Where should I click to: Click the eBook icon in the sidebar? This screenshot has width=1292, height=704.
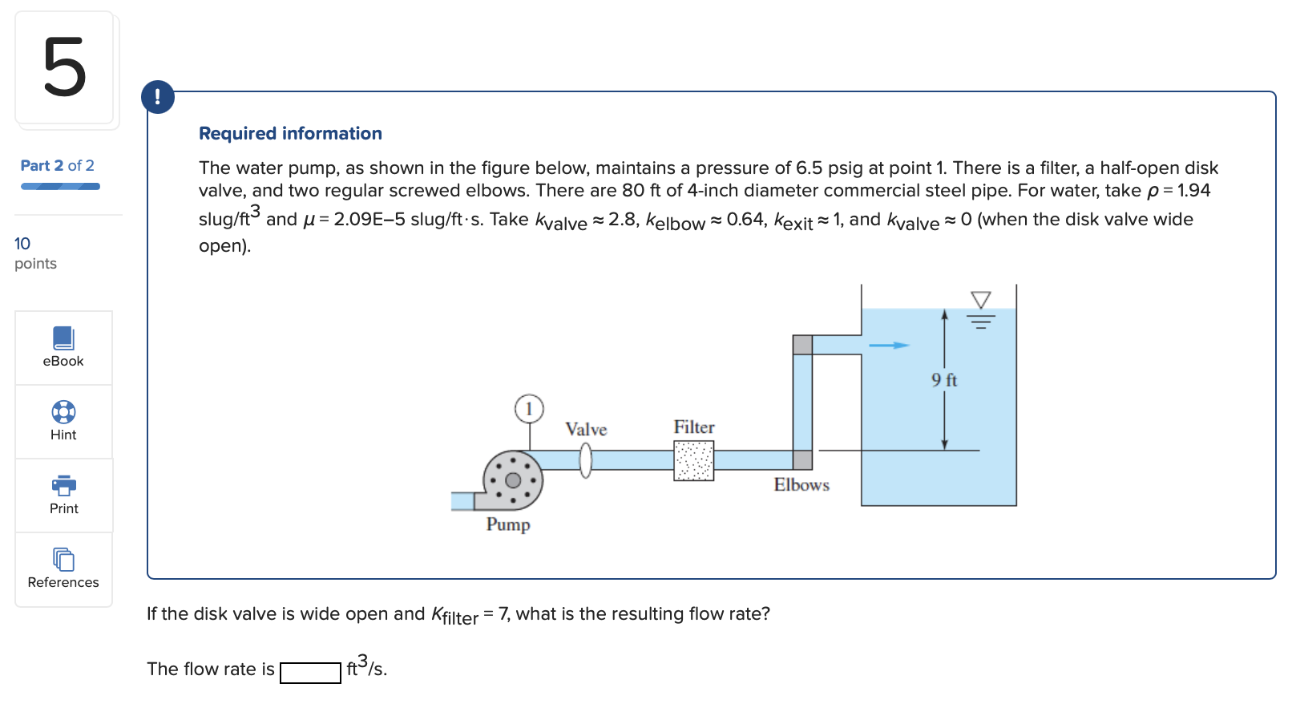pyautogui.click(x=63, y=338)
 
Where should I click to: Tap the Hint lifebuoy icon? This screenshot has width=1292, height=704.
pyautogui.click(x=63, y=412)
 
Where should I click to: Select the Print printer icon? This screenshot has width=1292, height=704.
pyautogui.click(x=63, y=485)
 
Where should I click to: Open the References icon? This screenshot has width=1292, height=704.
pyautogui.click(x=63, y=559)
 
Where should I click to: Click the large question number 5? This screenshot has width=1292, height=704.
pyautogui.click(x=64, y=68)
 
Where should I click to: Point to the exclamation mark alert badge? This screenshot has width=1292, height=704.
pyautogui.click(x=158, y=97)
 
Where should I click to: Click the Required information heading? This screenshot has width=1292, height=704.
pyautogui.click(x=290, y=133)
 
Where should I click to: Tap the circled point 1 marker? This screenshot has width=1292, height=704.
pyautogui.click(x=529, y=409)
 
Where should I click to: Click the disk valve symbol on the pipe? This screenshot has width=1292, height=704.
pyautogui.click(x=586, y=460)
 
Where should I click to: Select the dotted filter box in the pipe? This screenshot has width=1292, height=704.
pyautogui.click(x=693, y=461)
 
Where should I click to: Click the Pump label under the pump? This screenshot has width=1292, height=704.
pyautogui.click(x=508, y=524)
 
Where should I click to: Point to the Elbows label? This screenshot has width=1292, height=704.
pyautogui.click(x=801, y=484)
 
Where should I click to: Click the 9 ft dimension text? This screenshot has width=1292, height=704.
pyautogui.click(x=944, y=380)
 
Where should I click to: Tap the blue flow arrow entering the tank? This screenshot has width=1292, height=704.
pyautogui.click(x=889, y=345)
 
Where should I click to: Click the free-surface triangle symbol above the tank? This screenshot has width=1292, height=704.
pyautogui.click(x=980, y=300)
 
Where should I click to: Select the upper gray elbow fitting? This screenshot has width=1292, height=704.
pyautogui.click(x=802, y=345)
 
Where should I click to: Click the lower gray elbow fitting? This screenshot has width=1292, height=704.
pyautogui.click(x=802, y=460)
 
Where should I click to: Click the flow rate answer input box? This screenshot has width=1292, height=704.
pyautogui.click(x=310, y=672)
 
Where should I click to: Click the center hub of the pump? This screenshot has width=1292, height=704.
pyautogui.click(x=513, y=480)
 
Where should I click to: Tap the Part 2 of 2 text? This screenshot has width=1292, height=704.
pyautogui.click(x=57, y=165)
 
